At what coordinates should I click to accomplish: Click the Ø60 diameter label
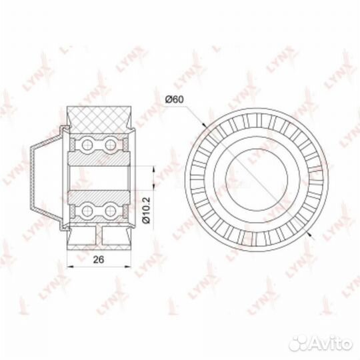pos(175,99)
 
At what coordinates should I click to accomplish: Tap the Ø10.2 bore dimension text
pos(146,210)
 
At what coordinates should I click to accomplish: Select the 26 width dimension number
pos(98,259)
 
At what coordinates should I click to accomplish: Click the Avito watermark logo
pos(321,344)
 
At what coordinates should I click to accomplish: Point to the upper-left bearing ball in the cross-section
pos(87,145)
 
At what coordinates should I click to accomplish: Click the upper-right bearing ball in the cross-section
pos(111,145)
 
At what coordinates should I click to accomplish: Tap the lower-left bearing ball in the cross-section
pos(87,211)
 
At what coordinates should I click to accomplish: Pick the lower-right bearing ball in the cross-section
pos(111,211)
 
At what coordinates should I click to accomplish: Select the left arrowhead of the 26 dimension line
pos(70,267)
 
